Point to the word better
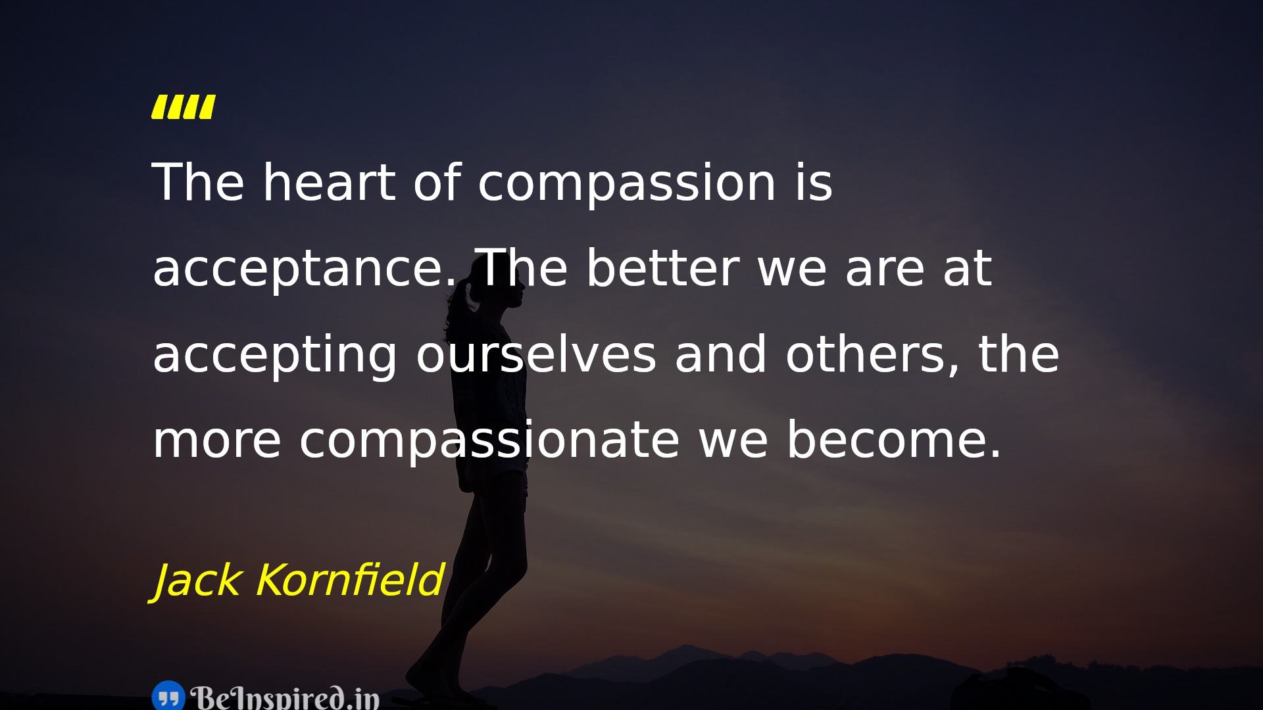coord(663,268)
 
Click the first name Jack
coord(196,581)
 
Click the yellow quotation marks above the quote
coord(184,107)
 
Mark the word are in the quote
coord(885,270)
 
